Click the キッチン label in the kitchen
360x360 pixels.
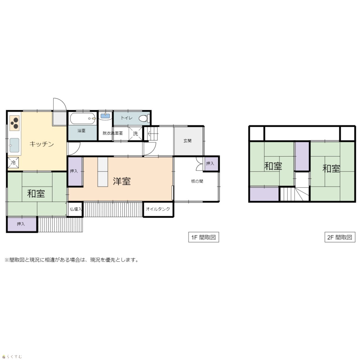click(42, 144)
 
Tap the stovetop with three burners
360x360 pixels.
click(15, 123)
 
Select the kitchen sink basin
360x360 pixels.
click(14, 145)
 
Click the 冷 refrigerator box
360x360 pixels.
click(13, 163)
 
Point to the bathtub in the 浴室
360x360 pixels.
click(82, 118)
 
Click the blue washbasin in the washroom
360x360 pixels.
click(105, 116)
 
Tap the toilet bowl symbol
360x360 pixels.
click(144, 118)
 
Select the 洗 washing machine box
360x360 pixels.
click(136, 133)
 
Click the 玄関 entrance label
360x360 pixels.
click(187, 141)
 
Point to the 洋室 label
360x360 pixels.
click(121, 181)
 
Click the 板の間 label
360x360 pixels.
click(197, 181)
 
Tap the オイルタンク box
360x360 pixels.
click(158, 209)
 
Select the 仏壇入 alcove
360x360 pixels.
click(75, 209)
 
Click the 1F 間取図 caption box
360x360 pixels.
click(203, 237)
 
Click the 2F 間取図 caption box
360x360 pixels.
click(340, 237)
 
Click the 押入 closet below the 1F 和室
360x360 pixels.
click(22, 224)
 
